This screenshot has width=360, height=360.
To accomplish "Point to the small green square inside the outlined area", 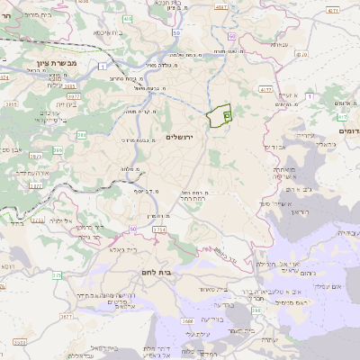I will [227, 115].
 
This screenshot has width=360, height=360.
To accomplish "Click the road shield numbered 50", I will [176, 33].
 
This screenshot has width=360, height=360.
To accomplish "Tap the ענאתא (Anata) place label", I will [279, 44].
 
